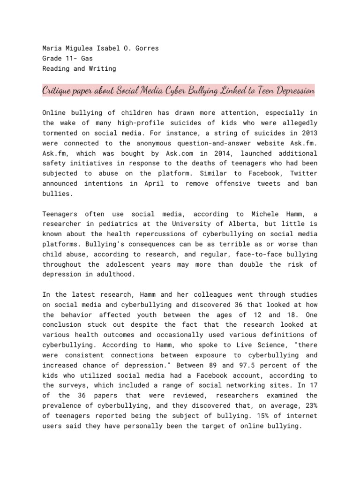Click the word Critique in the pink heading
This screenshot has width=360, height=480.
(58, 90)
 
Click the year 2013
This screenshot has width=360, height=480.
(309, 133)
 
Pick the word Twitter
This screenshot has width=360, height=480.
(304, 174)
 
